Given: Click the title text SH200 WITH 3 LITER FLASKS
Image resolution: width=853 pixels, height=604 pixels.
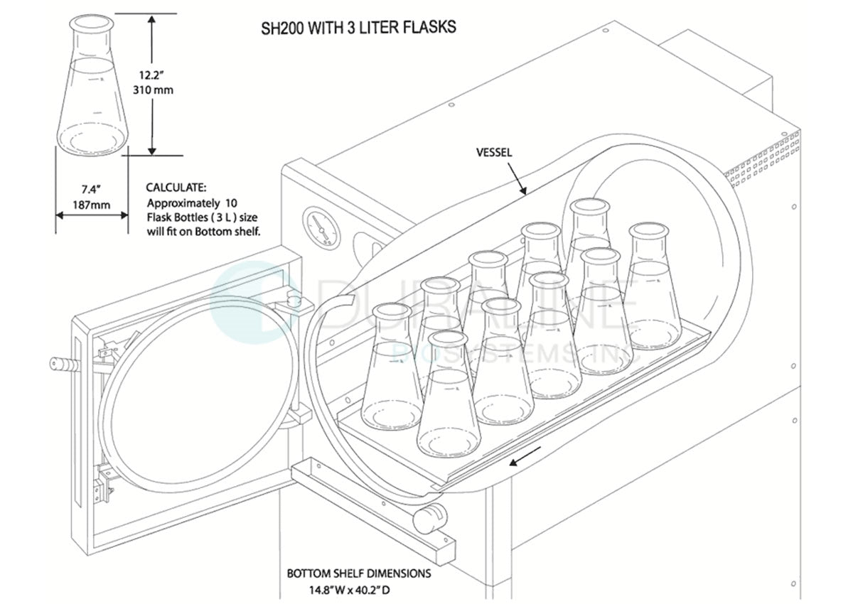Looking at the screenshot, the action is (x=358, y=28).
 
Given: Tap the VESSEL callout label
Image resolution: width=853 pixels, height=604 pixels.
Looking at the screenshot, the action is (x=494, y=153).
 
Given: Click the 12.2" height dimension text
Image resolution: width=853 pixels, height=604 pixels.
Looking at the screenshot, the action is (x=151, y=75).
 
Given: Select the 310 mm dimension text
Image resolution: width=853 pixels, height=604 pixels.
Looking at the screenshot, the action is (x=153, y=90).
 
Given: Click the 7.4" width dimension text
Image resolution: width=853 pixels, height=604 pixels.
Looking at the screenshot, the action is (x=92, y=189).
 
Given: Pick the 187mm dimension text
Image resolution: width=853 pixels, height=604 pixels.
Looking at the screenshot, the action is (x=92, y=205).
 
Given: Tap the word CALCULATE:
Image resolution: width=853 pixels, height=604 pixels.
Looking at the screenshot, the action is (x=176, y=188).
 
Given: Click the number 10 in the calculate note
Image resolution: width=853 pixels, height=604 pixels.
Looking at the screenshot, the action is (x=231, y=203).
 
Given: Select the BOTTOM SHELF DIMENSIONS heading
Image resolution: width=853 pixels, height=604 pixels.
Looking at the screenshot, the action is (x=359, y=573).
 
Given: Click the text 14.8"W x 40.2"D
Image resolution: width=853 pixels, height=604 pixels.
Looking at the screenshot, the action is (x=349, y=590).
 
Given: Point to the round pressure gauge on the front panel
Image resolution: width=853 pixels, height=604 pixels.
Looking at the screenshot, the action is (x=321, y=228).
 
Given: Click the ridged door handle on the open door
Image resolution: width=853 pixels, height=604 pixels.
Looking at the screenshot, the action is (x=65, y=365).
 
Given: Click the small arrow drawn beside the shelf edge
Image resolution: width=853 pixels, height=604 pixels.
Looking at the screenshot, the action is (x=525, y=456).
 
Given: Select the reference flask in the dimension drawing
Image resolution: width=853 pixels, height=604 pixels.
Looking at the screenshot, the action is (x=92, y=85).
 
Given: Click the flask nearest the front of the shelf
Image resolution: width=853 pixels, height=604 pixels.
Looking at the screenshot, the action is (x=449, y=394).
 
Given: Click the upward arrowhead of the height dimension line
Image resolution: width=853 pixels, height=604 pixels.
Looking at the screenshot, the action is (x=152, y=20).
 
